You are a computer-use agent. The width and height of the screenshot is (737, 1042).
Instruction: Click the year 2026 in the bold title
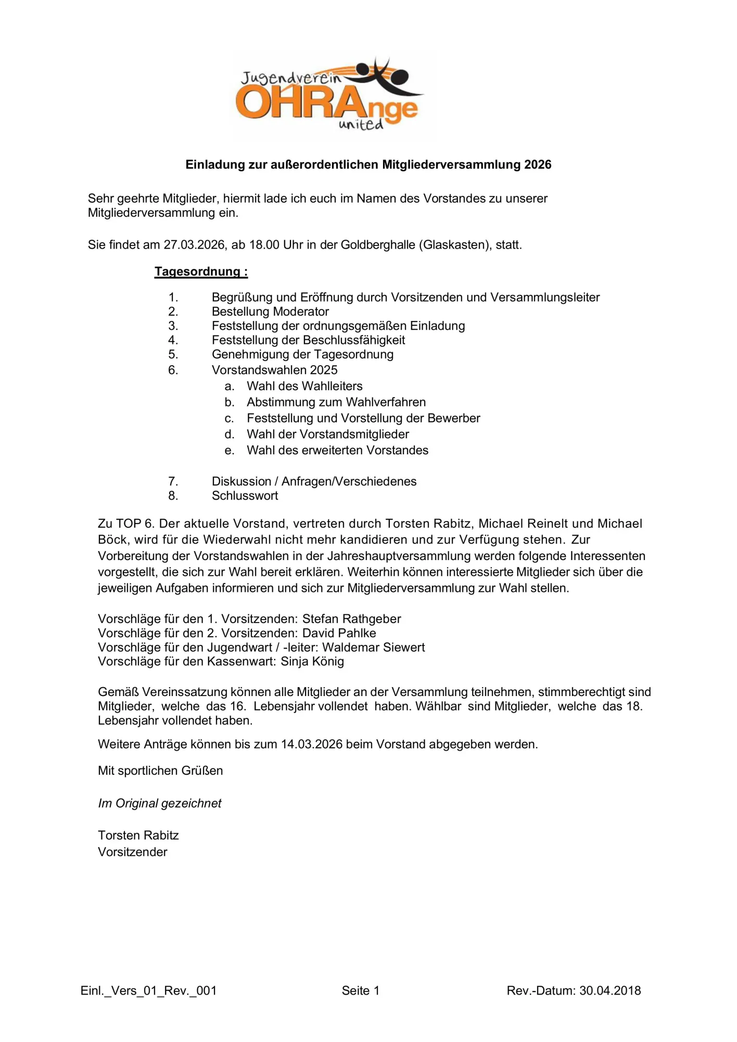(538, 165)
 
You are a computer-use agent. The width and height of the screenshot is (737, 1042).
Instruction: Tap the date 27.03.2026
(194, 245)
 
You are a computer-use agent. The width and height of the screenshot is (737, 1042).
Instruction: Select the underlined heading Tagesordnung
(201, 271)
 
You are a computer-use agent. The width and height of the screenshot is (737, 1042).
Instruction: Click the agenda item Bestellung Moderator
(270, 312)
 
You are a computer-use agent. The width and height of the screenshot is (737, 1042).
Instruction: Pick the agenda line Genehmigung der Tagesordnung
(302, 354)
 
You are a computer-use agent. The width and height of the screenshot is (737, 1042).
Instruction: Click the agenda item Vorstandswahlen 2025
(274, 370)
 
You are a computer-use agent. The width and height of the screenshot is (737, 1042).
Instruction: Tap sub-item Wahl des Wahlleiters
(304, 386)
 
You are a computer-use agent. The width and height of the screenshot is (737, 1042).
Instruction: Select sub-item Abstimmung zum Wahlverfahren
(336, 402)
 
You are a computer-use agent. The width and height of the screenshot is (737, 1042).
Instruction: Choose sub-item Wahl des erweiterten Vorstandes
(337, 450)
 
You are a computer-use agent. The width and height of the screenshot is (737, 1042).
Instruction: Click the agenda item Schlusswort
(245, 495)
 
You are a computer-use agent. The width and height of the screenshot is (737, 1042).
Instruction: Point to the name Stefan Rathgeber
(351, 619)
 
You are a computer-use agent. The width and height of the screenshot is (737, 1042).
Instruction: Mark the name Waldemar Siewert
(373, 648)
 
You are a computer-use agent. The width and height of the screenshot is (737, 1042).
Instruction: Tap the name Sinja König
(312, 662)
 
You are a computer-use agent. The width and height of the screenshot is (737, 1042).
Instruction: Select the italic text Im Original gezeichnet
(160, 803)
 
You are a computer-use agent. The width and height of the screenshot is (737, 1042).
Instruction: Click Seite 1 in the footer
(361, 991)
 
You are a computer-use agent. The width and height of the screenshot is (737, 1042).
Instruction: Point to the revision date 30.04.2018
(610, 991)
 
